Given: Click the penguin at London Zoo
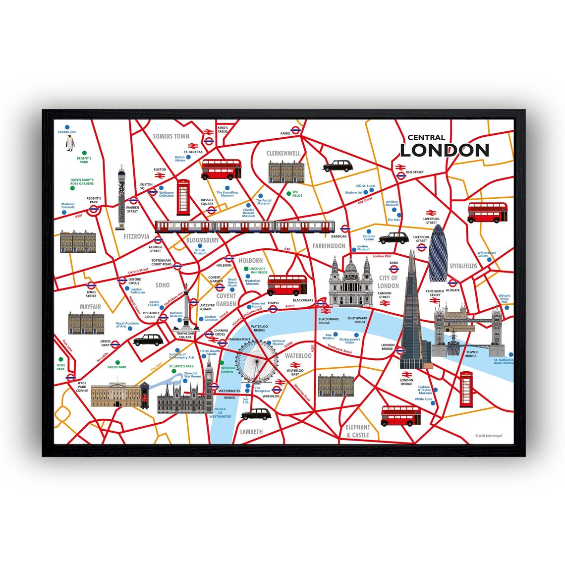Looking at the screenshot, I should click(70, 144).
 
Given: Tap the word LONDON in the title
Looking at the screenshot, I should click(444, 150).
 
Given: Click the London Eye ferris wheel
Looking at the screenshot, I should click(256, 360).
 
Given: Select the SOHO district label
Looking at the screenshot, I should click(163, 285).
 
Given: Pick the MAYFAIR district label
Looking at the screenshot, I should click(90, 307).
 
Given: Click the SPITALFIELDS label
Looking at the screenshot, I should click(463, 266).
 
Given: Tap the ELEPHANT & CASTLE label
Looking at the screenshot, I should click(358, 431).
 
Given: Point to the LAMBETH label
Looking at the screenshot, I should click(251, 432).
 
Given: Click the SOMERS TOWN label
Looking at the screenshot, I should click(171, 136).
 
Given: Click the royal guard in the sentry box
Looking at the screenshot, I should click(145, 395).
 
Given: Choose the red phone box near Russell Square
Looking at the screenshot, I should click(183, 197).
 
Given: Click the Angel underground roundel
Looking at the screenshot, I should click(295, 131).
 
